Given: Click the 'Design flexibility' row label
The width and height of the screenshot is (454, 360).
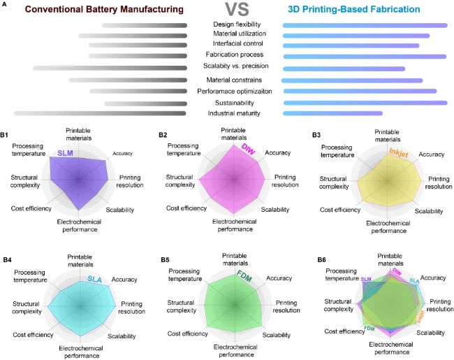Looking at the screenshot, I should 236,24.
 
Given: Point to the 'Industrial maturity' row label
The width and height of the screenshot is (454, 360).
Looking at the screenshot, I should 234,113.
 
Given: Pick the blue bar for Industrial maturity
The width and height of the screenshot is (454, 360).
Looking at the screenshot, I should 332,113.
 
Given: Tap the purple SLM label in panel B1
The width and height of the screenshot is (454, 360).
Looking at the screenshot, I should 64,153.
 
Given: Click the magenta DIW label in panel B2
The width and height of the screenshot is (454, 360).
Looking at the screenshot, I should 248,150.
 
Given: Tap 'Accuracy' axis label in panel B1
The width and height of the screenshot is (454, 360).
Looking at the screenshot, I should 122,153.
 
